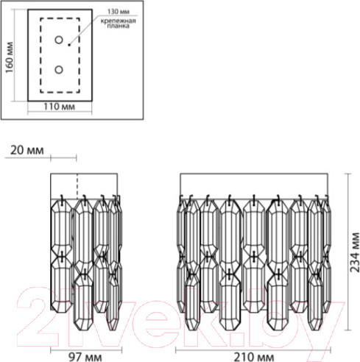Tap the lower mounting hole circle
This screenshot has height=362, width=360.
59,70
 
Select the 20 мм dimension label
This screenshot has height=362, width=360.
29,150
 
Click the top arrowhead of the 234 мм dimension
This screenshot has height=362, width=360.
347,177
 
